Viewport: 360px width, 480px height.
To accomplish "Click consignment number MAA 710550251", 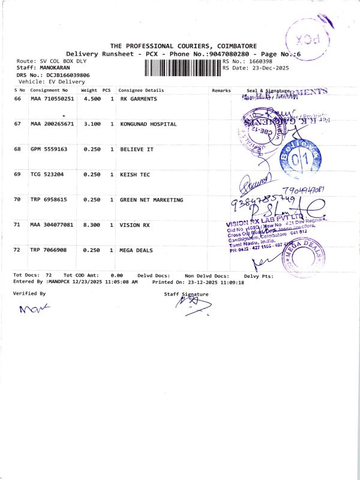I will [x=52, y=98].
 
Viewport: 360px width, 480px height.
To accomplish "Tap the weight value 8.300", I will [x=92, y=225].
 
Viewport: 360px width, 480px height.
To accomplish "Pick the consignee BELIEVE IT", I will [x=137, y=149].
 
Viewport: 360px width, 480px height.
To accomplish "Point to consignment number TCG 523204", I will [x=47, y=174].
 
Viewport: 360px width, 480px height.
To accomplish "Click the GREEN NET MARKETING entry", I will [x=152, y=200].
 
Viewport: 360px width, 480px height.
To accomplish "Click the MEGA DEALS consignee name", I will [x=136, y=250].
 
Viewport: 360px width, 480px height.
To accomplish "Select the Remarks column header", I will [x=221, y=90].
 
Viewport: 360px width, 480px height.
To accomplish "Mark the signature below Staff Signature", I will [x=190, y=305].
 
